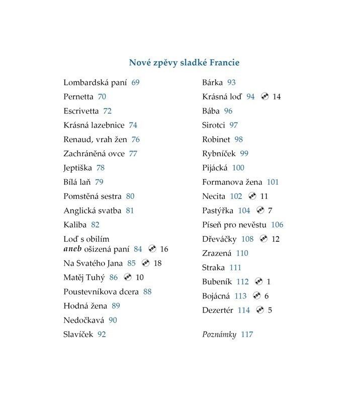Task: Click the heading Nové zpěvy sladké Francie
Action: coord(184,63)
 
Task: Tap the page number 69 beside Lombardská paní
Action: coord(135,82)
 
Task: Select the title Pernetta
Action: coord(78,96)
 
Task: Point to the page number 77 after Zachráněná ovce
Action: coord(133,154)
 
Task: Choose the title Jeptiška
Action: coord(77,168)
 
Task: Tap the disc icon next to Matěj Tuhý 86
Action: coord(127,277)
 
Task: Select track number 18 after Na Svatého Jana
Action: coord(157,263)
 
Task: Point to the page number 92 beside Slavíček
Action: coord(102,334)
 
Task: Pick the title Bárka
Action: coord(212,82)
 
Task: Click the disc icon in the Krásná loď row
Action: coord(264,96)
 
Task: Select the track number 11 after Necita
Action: coord(264,196)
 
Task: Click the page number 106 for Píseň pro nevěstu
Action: coord(277,225)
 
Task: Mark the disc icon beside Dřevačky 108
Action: coord(263,239)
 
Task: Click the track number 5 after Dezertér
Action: coord(270,310)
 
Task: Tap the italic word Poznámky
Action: coord(219,334)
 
